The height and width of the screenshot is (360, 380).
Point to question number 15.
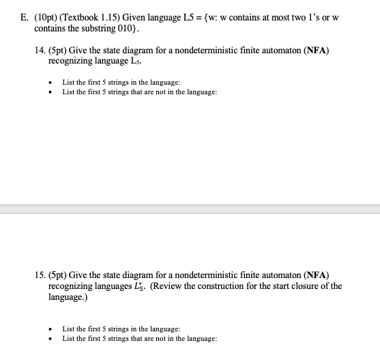pos(40,276)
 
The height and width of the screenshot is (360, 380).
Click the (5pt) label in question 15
pos(61,276)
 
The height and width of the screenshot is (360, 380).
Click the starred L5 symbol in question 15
pos(170,287)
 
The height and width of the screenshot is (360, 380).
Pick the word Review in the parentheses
pos(196,287)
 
